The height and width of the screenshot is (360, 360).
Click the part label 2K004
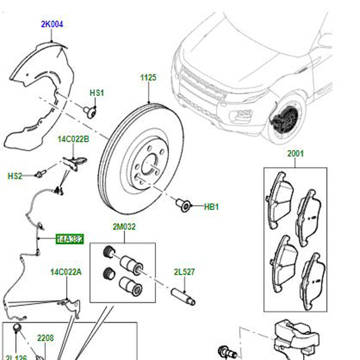[52, 25]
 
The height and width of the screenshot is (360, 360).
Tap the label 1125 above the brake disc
[148, 79]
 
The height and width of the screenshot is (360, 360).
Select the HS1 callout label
[97, 93]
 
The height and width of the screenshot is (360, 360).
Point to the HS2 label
[15, 176]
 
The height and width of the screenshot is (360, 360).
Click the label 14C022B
[73, 140]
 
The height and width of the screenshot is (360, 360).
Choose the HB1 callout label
[212, 207]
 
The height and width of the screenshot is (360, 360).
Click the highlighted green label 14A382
[69, 239]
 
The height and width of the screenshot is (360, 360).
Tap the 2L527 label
[184, 271]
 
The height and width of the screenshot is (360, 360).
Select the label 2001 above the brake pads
[295, 154]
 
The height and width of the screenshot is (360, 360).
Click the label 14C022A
[65, 272]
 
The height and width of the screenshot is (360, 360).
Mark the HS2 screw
[40, 174]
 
